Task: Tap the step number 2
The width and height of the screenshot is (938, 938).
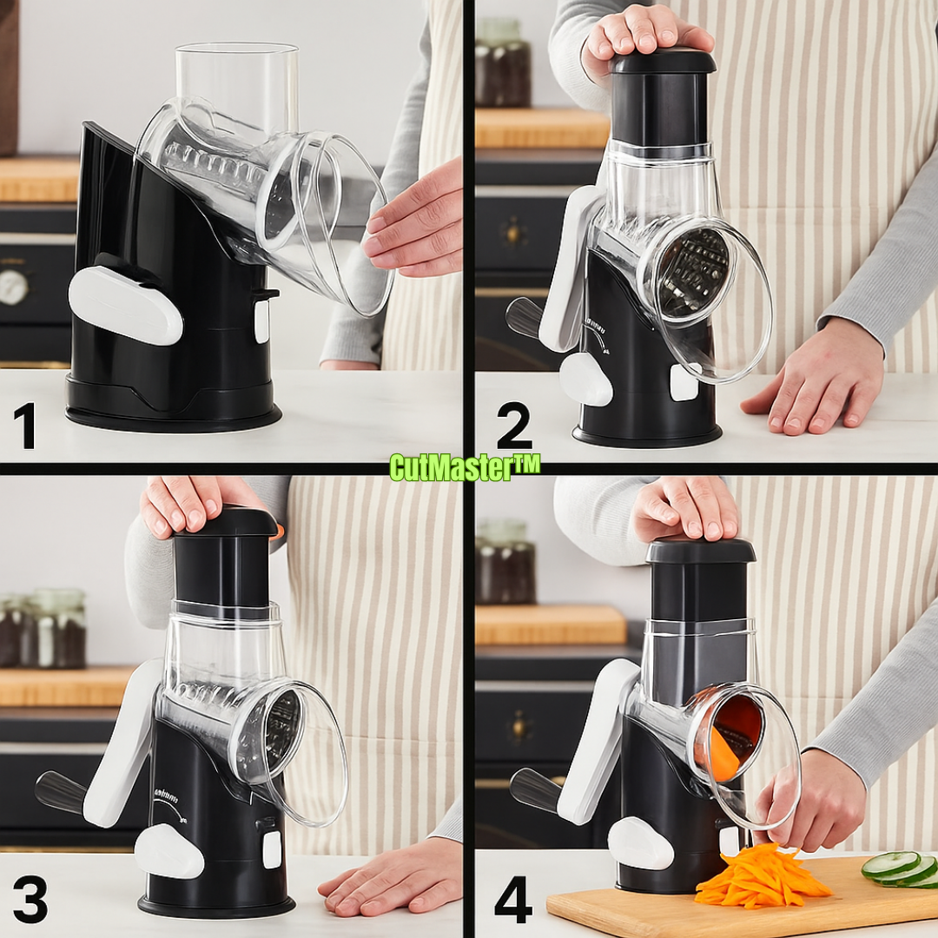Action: click(513, 426)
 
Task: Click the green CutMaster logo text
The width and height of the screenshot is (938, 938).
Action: click(465, 467)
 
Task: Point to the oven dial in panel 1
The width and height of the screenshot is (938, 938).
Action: click(12, 287)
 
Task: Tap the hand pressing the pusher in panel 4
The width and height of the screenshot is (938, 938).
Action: click(686, 508)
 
